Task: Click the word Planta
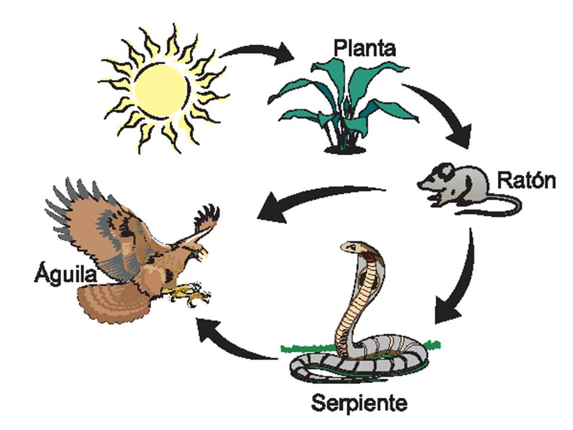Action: click(363, 48)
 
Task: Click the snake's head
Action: click(352, 247)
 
